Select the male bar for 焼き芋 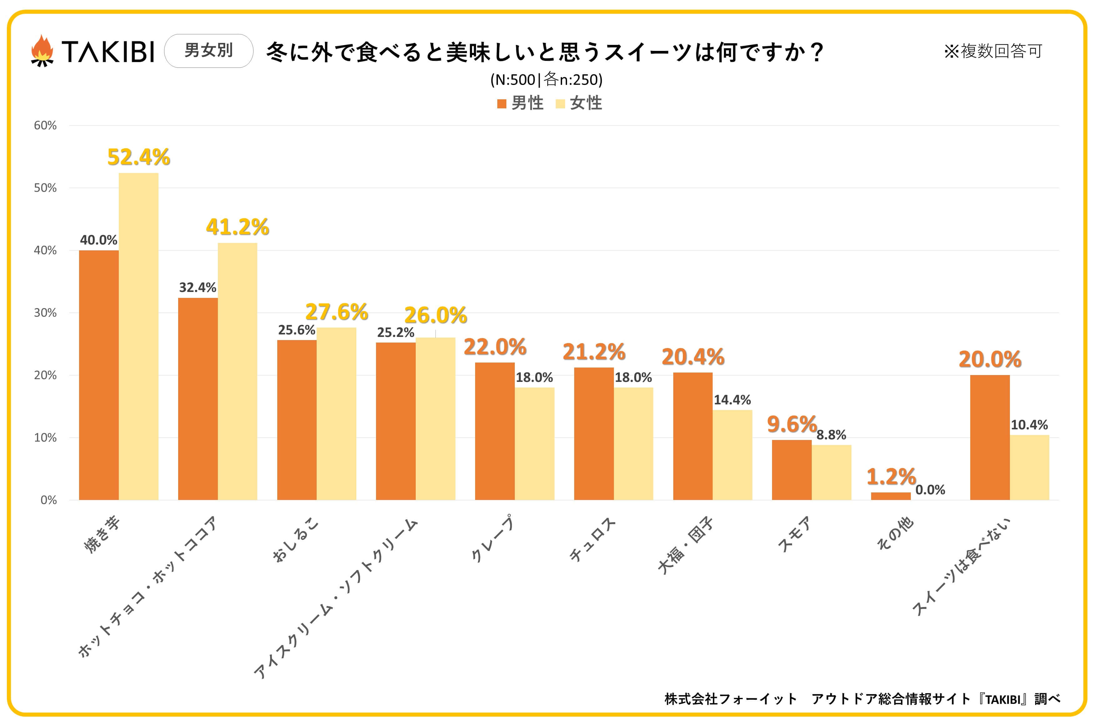[x=99, y=375]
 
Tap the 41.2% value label [x=237, y=227]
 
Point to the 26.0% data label [x=435, y=315]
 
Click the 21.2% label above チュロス [x=594, y=352]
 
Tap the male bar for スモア [x=791, y=470]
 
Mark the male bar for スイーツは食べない [x=990, y=437]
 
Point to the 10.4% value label [x=1029, y=425]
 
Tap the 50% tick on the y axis [x=45, y=188]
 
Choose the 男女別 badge [x=208, y=51]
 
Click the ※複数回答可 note [x=993, y=51]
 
